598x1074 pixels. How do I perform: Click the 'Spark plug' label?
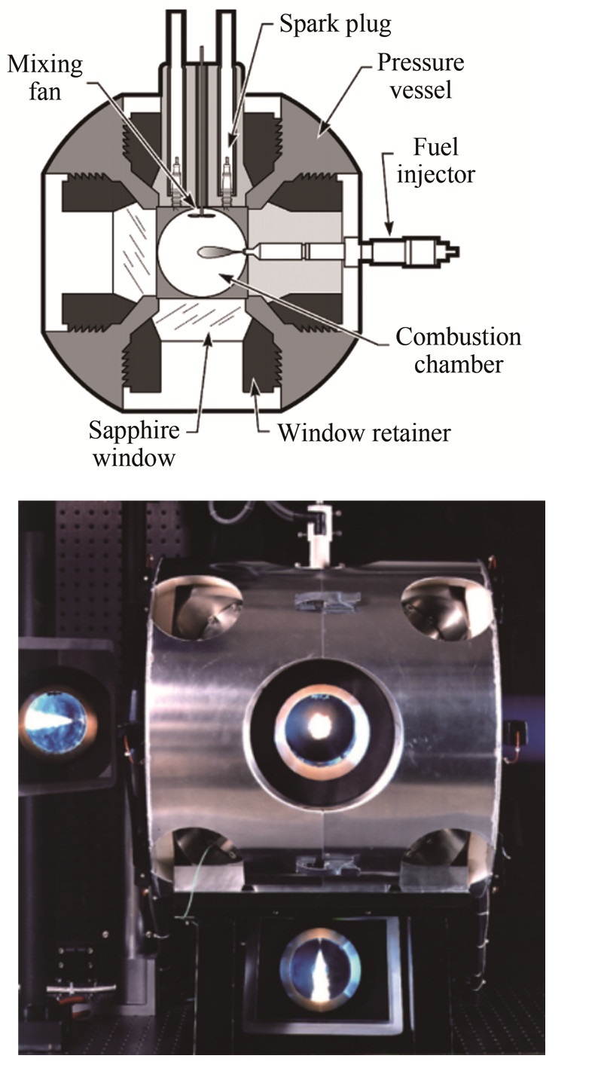click(335, 24)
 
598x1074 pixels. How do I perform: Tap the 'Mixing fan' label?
click(45, 78)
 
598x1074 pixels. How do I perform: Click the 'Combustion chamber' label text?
click(458, 350)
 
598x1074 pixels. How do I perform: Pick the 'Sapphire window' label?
click(134, 443)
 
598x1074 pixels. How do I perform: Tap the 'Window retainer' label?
click(364, 433)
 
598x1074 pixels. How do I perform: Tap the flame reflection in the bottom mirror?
click(320, 968)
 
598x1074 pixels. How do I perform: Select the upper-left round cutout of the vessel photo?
click(198, 607)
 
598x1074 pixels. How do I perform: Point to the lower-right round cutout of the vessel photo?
click(441, 852)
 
